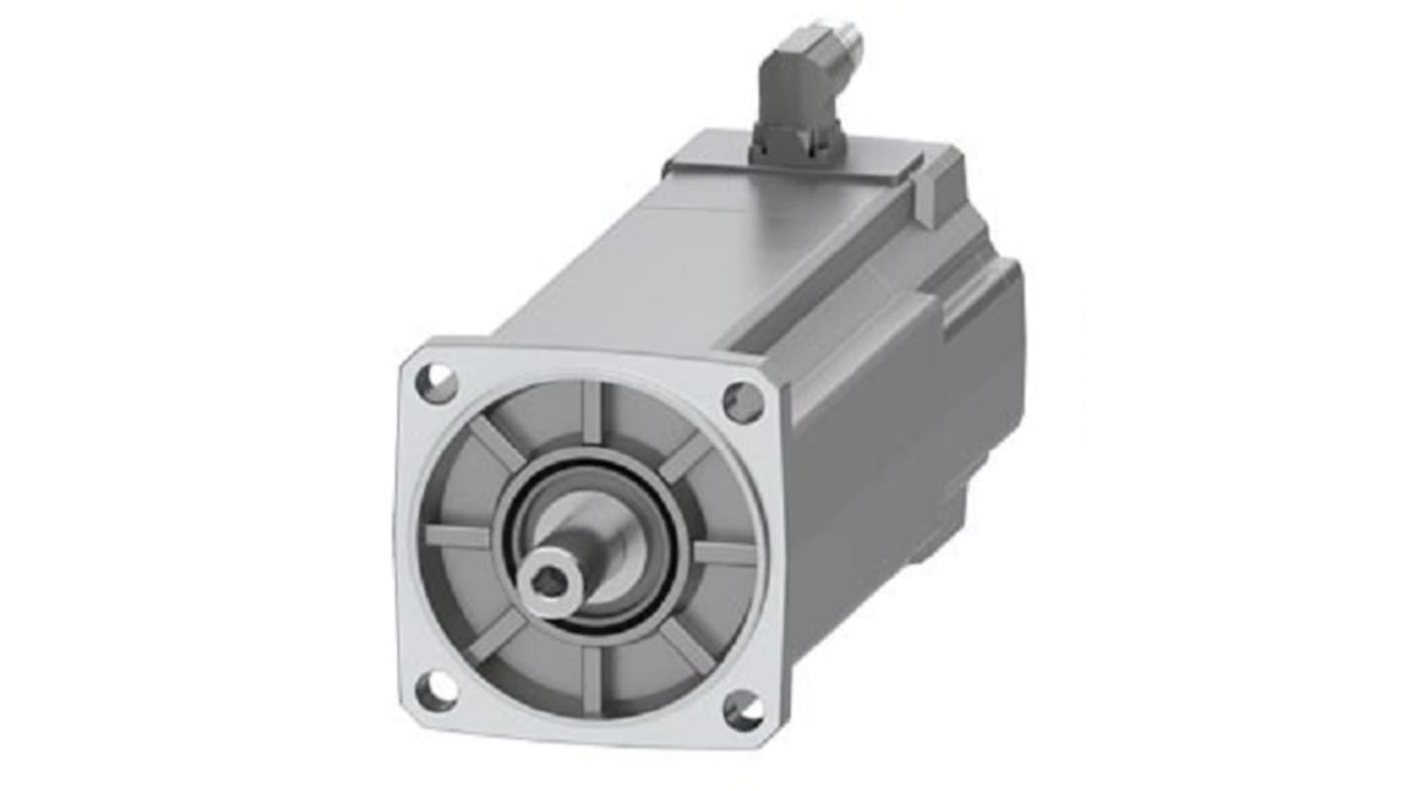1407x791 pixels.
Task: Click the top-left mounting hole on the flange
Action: [x=437, y=384]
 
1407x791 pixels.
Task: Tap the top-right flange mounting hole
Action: [x=743, y=401]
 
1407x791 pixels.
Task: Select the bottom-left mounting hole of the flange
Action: [x=436, y=690]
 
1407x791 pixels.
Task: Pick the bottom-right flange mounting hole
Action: [x=742, y=710]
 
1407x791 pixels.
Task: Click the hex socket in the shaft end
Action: [x=551, y=586]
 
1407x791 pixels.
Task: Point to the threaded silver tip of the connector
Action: [x=843, y=42]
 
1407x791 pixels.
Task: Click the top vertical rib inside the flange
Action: [x=592, y=409]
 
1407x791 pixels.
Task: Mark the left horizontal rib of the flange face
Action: [x=458, y=536]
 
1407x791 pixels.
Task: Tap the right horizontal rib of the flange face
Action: [x=724, y=551]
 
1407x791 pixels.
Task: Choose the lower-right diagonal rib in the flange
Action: [x=684, y=644]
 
